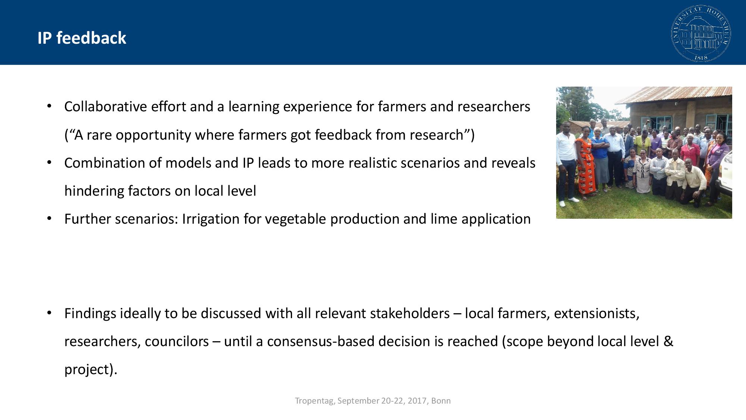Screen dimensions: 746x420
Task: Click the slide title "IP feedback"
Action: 82,38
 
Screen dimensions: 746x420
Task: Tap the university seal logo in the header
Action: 701,33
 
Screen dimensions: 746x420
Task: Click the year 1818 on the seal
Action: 701,57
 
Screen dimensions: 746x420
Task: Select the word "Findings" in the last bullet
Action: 90,314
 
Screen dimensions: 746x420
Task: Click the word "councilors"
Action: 177,342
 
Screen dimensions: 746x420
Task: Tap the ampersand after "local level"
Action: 668,342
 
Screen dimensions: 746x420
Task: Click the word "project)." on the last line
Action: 91,370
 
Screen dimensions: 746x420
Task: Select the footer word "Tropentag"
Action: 314,401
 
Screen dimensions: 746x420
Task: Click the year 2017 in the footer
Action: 417,401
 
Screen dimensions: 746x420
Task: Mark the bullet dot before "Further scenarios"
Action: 49,219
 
